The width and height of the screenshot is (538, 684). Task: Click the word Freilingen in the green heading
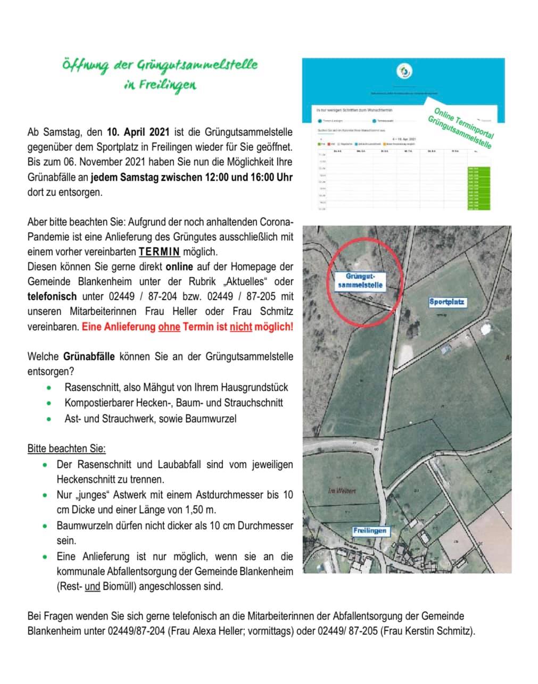(x=167, y=85)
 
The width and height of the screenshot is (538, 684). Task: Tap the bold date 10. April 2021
(x=138, y=131)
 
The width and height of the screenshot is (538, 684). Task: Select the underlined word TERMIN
(x=159, y=252)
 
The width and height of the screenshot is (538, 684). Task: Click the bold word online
(x=179, y=266)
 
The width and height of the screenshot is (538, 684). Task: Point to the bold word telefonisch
(x=52, y=296)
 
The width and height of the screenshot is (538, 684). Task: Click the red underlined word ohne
(x=169, y=327)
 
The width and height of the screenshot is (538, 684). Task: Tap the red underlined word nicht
(x=241, y=327)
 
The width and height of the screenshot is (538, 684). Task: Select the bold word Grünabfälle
(x=89, y=356)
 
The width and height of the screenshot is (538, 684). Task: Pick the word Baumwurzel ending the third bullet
(x=211, y=419)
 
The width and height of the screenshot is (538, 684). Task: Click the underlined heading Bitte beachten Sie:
(x=67, y=448)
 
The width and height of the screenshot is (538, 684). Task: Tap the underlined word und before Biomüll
(x=93, y=587)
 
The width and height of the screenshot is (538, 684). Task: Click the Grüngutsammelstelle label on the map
(x=360, y=281)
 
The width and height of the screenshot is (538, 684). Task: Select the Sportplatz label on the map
(x=447, y=302)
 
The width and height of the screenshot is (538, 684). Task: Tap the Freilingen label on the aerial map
(x=370, y=530)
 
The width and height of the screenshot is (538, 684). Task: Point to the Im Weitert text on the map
(x=342, y=490)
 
